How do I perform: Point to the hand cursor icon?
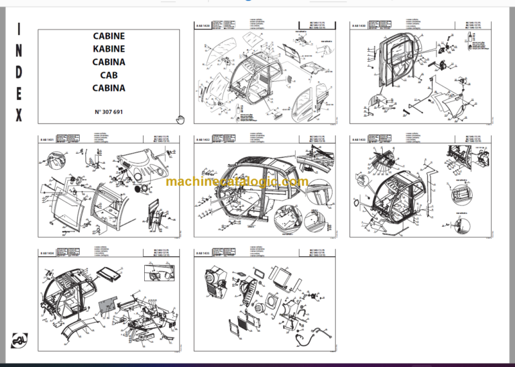pos(180,119)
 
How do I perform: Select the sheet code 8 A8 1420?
pos(204,25)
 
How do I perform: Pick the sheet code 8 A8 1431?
pos(48,140)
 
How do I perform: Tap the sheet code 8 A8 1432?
pos(204,140)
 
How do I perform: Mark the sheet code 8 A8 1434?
pos(48,254)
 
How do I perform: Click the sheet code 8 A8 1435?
pos(204,254)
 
